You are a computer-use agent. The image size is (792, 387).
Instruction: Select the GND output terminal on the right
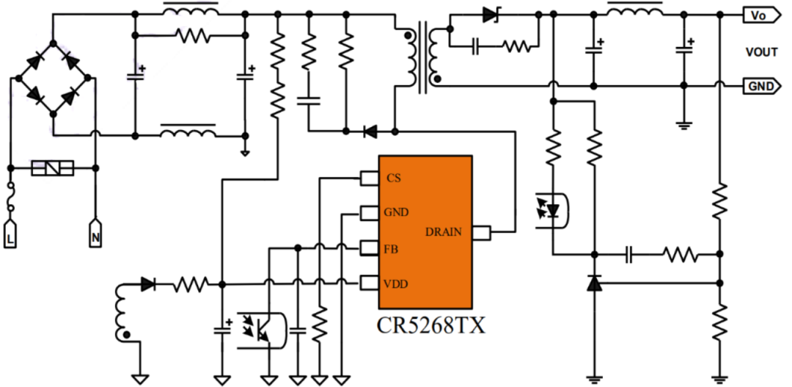pyautogui.click(x=760, y=86)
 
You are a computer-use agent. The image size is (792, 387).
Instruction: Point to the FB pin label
pyautogui.click(x=392, y=249)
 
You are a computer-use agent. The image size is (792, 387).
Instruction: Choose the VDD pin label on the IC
pyautogui.click(x=395, y=283)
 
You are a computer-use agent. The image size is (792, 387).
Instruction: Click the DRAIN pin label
pyautogui.click(x=444, y=232)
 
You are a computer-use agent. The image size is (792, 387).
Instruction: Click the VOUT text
pyautogui.click(x=760, y=52)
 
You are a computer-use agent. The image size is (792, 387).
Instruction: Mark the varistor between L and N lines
pyautogui.click(x=53, y=169)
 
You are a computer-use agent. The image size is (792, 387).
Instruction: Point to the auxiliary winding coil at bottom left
pyautogui.click(x=122, y=314)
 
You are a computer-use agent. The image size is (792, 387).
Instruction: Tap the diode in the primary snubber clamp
pyautogui.click(x=370, y=132)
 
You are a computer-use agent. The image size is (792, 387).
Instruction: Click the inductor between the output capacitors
pyautogui.click(x=635, y=10)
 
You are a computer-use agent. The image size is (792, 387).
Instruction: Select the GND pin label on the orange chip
pyautogui.click(x=396, y=213)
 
